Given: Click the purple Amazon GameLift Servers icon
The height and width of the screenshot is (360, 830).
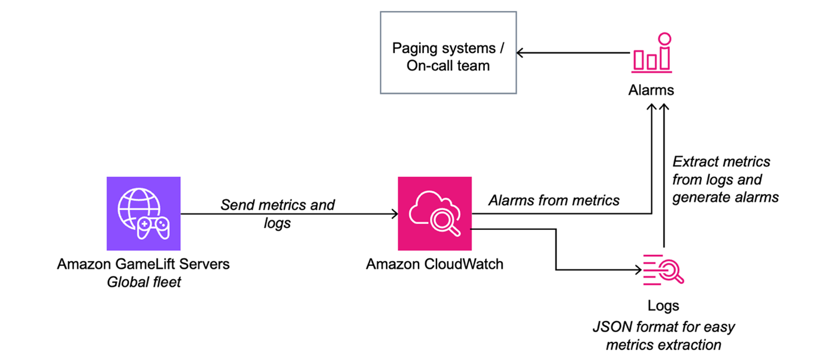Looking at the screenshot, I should [144, 214].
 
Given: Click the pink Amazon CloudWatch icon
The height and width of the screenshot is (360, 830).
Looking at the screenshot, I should [435, 214].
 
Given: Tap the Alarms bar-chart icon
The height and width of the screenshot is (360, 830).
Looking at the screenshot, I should [651, 53].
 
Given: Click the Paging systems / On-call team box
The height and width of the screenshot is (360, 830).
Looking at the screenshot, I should [448, 57].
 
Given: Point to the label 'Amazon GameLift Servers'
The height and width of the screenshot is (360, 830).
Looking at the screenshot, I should [143, 264].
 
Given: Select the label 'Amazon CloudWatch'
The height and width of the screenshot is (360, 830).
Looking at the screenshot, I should [435, 264].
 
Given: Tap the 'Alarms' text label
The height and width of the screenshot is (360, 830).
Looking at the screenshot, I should [651, 90].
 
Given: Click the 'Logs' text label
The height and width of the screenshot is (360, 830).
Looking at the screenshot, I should [663, 305].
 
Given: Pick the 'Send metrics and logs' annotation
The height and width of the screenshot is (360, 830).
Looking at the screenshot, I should [277, 213].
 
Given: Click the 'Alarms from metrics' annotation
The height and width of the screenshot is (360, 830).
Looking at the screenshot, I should [554, 200].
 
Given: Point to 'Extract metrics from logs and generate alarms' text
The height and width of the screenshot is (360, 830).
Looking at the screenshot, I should [725, 179].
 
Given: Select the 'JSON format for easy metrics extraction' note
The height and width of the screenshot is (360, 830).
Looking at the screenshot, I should [663, 335].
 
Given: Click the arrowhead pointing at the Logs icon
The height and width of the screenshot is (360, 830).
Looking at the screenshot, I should [636, 270].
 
